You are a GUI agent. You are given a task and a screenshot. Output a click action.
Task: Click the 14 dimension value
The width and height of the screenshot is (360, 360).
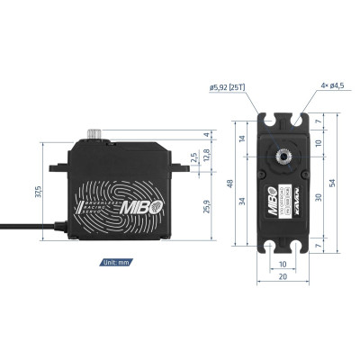pyautogui.click(x=241, y=139)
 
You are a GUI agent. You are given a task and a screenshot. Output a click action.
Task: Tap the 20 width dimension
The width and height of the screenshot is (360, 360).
pyautogui.click(x=283, y=277)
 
